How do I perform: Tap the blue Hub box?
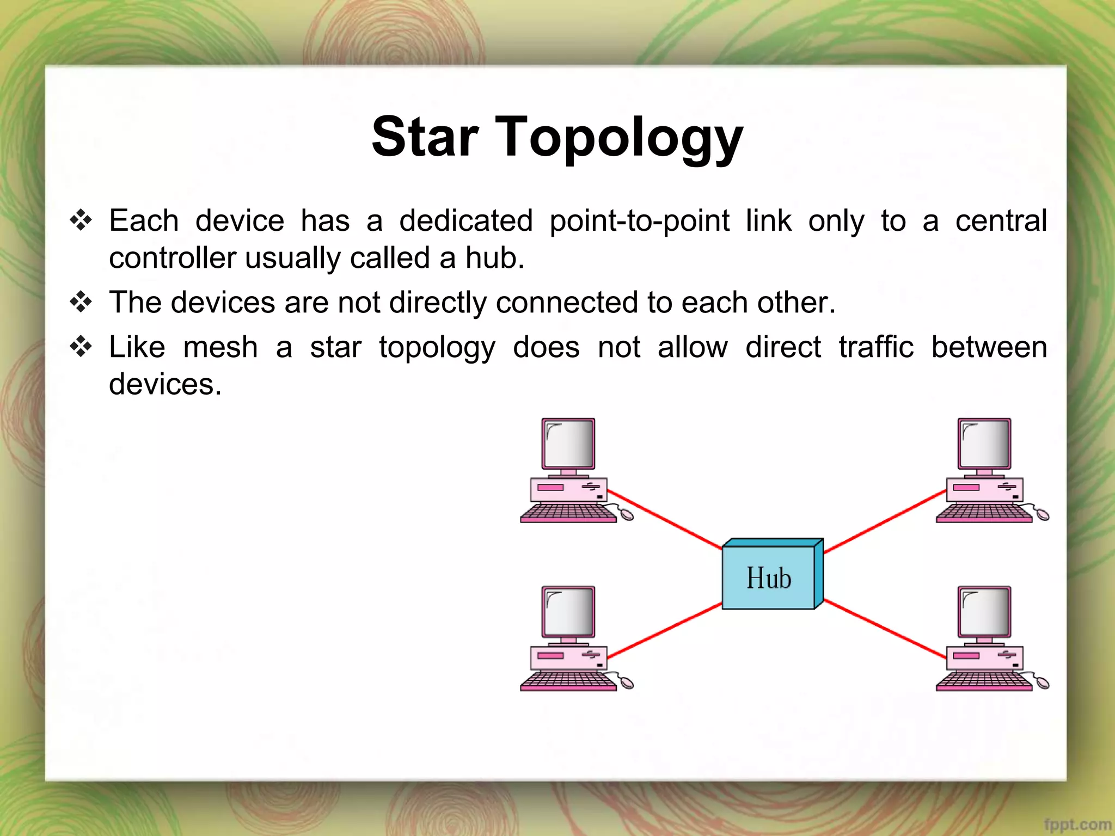click(768, 578)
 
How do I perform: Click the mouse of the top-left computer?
click(627, 514)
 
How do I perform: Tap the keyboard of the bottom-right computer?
click(984, 681)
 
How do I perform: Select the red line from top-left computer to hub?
click(664, 519)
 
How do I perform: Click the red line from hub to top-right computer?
click(885, 521)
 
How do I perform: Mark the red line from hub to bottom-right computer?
click(885, 629)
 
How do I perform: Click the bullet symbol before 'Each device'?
click(81, 220)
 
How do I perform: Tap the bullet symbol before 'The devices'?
click(81, 302)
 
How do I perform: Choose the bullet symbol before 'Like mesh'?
click(81, 347)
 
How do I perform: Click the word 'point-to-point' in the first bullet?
click(639, 222)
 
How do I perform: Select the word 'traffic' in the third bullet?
click(875, 347)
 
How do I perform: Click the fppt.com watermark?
click(1077, 825)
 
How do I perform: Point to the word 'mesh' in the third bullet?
click(220, 347)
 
